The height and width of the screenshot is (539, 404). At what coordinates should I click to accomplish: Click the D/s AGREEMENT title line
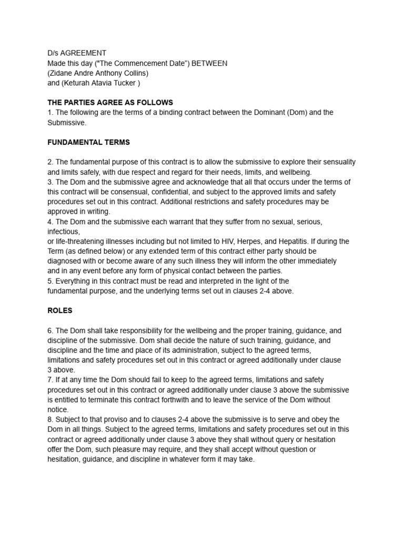77,53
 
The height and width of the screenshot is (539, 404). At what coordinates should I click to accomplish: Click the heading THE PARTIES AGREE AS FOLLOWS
110,103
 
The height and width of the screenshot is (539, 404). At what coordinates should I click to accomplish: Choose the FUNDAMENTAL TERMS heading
88,142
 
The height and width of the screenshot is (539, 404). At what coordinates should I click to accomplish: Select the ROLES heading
60,311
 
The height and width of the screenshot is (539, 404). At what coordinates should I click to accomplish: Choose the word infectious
63,232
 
